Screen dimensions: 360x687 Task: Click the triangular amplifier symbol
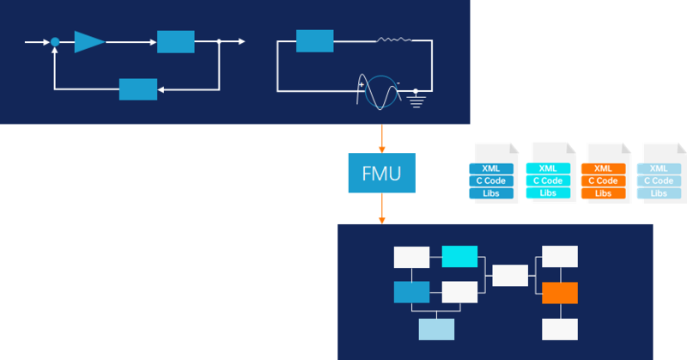click(x=88, y=41)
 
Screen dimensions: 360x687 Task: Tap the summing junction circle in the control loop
click(x=55, y=41)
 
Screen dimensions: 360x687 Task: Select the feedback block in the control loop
click(x=138, y=88)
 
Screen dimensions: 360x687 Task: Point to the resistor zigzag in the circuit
click(x=393, y=40)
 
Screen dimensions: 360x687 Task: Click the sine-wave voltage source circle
click(x=378, y=89)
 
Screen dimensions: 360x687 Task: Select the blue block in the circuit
click(x=314, y=40)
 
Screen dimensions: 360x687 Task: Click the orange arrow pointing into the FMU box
click(x=381, y=138)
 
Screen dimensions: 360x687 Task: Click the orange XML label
click(x=603, y=168)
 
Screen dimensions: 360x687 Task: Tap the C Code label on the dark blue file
click(x=491, y=180)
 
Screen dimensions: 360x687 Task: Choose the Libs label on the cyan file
click(x=547, y=192)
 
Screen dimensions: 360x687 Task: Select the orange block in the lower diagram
click(x=560, y=292)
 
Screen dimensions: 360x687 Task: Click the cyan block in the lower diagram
click(x=459, y=256)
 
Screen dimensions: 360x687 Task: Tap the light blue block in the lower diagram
click(x=436, y=329)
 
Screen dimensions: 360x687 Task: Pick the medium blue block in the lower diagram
click(x=411, y=292)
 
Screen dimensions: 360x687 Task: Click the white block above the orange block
click(x=560, y=256)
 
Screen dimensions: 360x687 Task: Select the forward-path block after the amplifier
click(x=175, y=41)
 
